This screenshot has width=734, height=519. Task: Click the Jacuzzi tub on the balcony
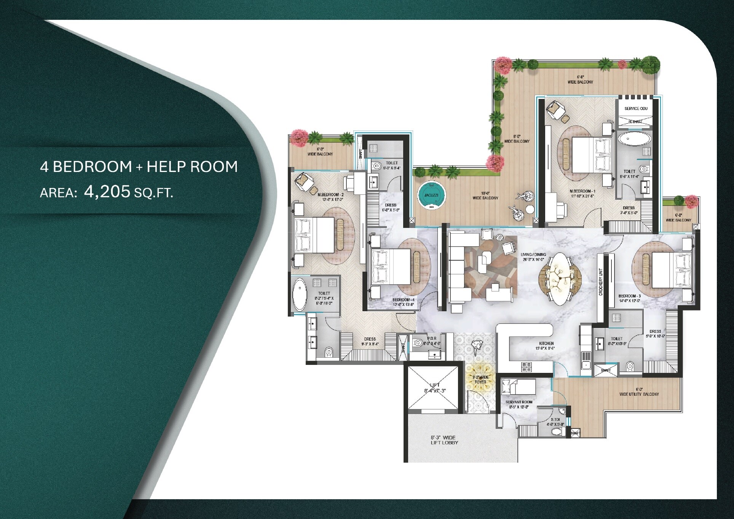point(431,195)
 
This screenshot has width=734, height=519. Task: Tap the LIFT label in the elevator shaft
point(434,385)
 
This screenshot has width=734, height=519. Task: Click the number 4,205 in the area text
point(107,192)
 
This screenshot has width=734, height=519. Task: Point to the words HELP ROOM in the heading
point(192,167)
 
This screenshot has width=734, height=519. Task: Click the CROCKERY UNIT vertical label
point(601,281)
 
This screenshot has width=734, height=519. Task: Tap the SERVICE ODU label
point(636,108)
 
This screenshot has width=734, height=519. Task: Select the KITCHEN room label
point(546,343)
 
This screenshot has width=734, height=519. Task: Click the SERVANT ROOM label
point(519,402)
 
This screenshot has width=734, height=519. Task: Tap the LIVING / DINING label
point(533,255)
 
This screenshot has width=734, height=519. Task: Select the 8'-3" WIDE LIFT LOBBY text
point(444,440)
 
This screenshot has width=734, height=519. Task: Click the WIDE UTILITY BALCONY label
point(639,394)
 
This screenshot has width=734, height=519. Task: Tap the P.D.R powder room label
point(432,338)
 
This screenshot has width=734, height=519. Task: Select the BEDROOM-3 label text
point(629,296)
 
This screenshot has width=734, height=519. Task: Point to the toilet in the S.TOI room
point(558,431)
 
